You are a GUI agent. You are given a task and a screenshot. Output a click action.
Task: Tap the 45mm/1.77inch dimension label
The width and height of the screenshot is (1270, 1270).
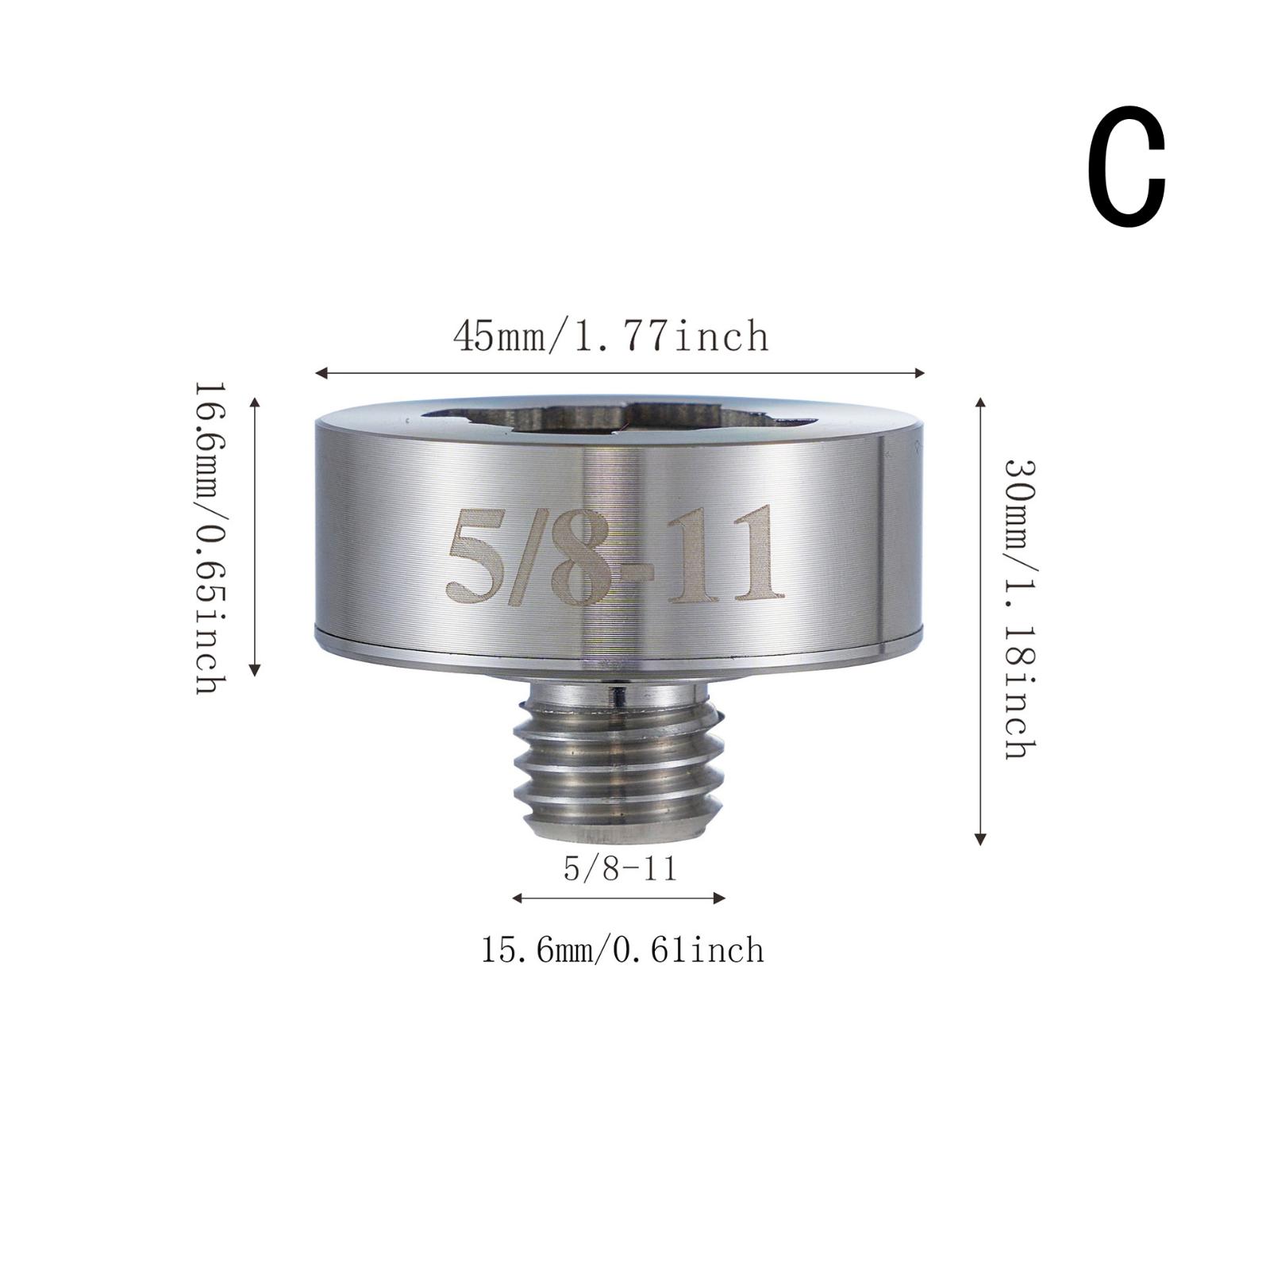click(611, 337)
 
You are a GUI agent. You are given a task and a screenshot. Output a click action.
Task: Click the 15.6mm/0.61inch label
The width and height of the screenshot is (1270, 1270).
click(622, 950)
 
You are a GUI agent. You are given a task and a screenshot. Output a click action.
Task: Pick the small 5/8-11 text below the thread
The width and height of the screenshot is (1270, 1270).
click(620, 869)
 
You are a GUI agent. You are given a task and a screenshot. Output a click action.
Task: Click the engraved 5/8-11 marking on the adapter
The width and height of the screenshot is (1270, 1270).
click(614, 554)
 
